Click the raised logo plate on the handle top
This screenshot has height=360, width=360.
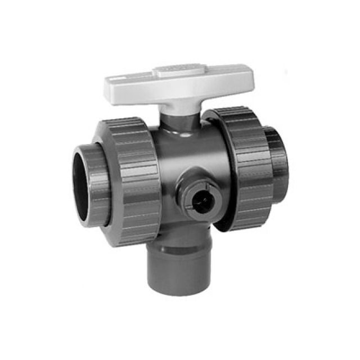tap(175, 71)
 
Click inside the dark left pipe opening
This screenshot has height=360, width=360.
tap(84, 188)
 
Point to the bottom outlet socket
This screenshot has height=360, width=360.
tap(177, 264)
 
